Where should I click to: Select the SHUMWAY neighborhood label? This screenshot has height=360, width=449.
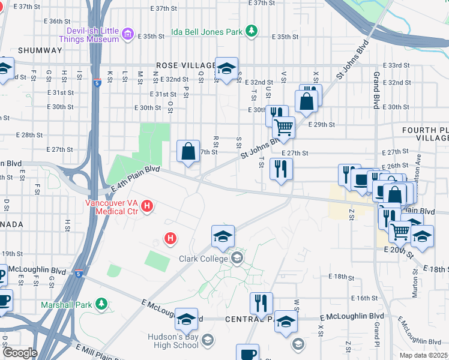[40, 50]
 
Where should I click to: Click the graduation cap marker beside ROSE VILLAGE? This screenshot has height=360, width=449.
[227, 70]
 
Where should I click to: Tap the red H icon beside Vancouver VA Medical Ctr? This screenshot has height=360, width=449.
[148, 208]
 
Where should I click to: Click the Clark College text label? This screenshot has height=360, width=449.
[203, 259]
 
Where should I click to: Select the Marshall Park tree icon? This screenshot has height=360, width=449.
[102, 304]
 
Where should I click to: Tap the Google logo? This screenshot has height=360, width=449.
[20, 353]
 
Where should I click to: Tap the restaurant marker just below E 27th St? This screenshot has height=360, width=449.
[280, 169]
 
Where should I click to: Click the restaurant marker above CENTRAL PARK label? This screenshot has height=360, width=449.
[261, 304]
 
